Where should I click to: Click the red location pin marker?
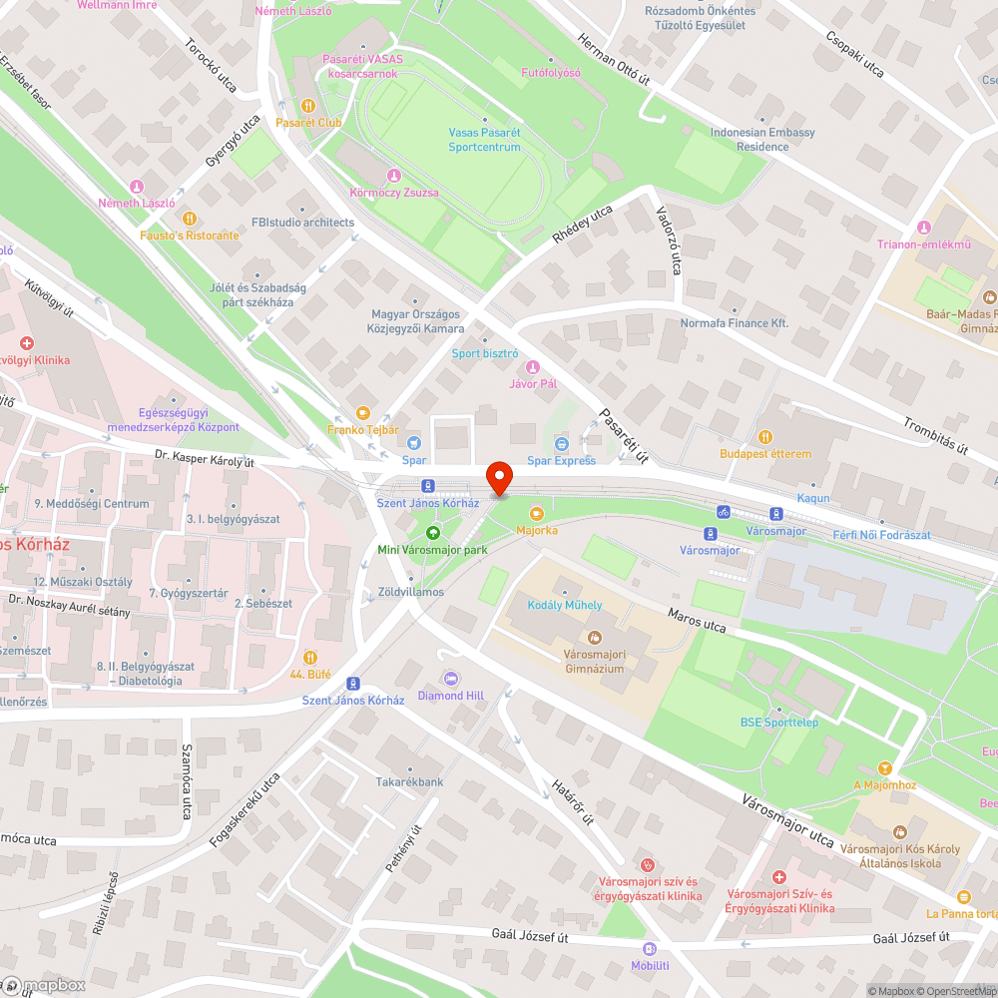498,477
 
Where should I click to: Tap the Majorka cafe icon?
537,513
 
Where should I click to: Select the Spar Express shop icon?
561,443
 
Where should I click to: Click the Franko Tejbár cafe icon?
362,412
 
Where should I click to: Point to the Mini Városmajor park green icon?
432,532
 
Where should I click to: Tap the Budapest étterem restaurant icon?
765,436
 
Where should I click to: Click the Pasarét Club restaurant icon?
308,105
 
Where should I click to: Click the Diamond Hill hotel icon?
450,678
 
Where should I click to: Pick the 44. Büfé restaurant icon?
310,657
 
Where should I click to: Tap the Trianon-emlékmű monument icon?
923,227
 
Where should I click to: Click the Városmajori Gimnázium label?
594,661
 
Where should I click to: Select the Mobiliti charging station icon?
650,948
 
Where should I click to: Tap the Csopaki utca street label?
854,54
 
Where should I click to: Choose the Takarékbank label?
409,782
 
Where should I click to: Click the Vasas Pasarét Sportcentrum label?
484,140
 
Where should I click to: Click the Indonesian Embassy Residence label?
762,139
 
